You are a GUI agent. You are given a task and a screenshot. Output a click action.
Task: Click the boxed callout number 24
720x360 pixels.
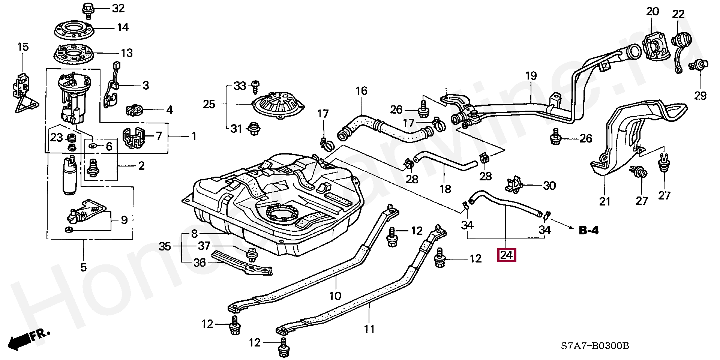(506, 255)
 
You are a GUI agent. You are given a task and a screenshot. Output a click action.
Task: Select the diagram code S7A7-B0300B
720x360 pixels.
(595, 345)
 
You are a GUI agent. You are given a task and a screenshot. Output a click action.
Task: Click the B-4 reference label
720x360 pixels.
(588, 230)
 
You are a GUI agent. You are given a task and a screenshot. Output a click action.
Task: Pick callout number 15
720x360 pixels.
(23, 47)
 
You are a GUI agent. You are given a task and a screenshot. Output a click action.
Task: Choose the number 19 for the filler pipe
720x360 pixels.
(531, 76)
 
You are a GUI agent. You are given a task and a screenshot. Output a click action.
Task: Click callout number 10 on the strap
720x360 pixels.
(335, 295)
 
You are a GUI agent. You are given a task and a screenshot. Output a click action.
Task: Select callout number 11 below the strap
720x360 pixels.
(369, 329)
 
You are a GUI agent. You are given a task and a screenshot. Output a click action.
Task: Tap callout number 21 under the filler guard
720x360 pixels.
(605, 202)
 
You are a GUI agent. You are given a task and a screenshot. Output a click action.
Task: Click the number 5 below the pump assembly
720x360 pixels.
(83, 267)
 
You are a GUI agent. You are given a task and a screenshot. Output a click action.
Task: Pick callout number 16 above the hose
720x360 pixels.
(361, 91)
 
